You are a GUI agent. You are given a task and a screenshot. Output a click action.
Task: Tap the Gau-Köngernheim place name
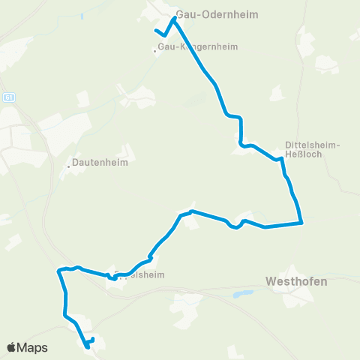(198, 46)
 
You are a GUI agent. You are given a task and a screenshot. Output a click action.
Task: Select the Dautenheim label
(100, 162)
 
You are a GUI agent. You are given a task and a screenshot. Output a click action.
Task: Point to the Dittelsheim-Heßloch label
(313, 149)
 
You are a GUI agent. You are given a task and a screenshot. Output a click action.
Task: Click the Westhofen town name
(296, 282)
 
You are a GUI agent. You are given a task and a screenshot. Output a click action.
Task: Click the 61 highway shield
(8, 97)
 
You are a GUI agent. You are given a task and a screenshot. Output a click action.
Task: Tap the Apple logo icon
(12, 347)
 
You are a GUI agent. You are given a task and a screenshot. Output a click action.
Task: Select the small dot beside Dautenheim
(69, 166)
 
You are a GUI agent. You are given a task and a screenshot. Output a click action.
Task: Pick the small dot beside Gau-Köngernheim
(155, 52)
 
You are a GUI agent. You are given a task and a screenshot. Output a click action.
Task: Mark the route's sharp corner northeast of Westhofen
(301, 222)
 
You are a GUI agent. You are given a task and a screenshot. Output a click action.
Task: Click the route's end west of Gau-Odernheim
(155, 31)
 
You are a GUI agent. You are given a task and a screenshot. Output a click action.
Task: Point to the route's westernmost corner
(58, 270)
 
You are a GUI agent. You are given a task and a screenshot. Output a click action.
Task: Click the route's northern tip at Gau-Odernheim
(174, 19)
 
